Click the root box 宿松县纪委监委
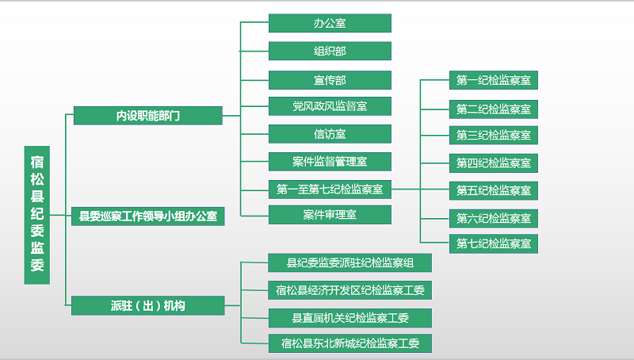(36, 215)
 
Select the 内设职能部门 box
(148, 116)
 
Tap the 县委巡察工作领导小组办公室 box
(148, 216)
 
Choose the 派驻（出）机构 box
(148, 305)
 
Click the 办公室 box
(330, 23)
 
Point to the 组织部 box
(330, 51)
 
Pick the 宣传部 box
(330, 80)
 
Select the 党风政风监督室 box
(330, 106)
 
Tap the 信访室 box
(330, 134)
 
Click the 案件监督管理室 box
(330, 162)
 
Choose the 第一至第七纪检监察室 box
(330, 190)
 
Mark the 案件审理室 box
(330, 214)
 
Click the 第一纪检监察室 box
(493, 80)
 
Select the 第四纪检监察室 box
(493, 163)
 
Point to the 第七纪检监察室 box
(493, 243)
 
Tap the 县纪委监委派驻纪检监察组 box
(349, 263)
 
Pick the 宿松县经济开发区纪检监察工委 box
(349, 290)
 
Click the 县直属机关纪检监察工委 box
(349, 318)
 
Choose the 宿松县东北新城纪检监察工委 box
(349, 343)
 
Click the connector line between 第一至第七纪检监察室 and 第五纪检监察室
(421, 189)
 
